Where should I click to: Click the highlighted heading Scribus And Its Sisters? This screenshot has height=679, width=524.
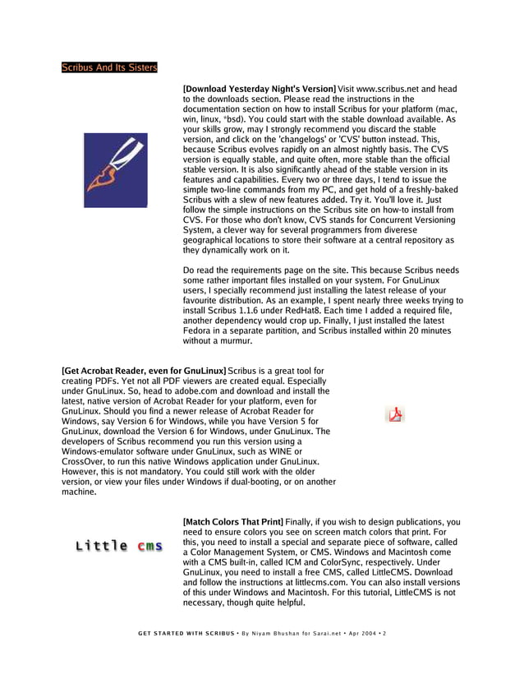(x=109, y=67)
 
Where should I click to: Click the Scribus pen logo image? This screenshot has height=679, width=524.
(x=116, y=170)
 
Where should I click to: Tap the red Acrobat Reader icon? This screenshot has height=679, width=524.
(x=396, y=414)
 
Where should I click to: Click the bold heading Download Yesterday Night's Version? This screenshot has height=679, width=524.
(x=260, y=89)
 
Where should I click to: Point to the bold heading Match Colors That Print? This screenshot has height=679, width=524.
(x=233, y=522)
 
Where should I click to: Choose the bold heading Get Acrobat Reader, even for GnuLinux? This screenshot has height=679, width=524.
(x=144, y=372)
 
